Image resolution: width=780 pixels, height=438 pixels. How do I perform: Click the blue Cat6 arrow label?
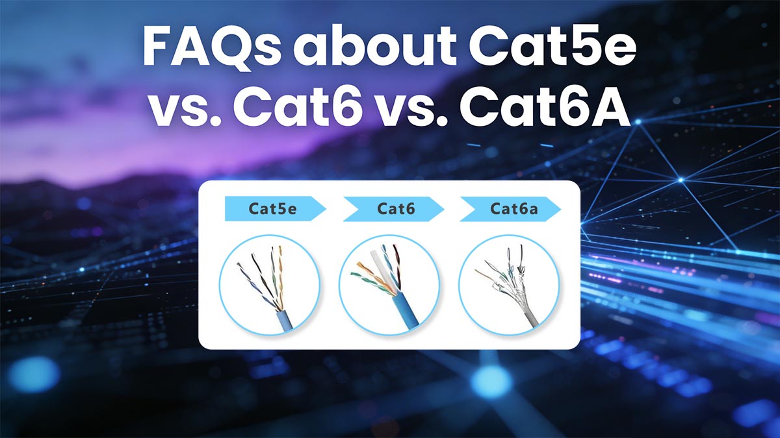click(x=393, y=209)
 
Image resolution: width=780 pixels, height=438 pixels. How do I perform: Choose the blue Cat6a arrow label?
click(x=510, y=209)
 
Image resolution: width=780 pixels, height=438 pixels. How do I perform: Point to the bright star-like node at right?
click(x=680, y=179)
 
